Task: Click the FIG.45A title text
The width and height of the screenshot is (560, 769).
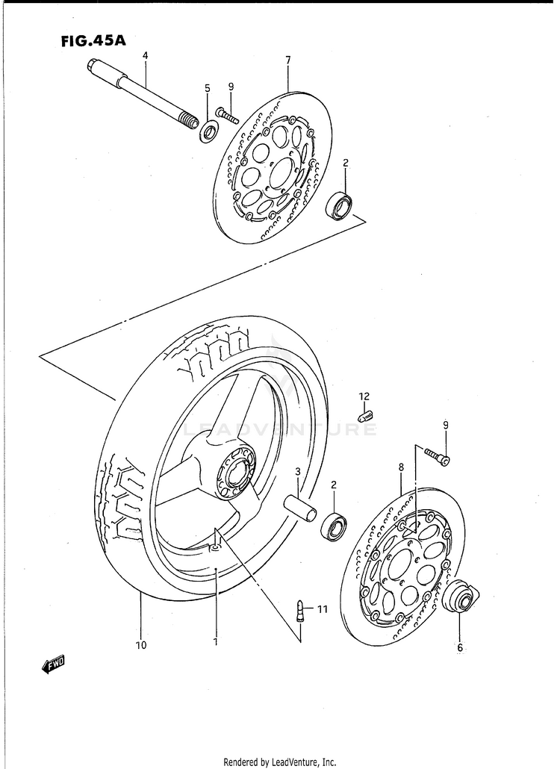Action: [x=93, y=42]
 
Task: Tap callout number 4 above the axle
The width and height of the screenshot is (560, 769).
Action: [x=146, y=56]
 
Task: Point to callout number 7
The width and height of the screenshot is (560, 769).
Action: [x=288, y=60]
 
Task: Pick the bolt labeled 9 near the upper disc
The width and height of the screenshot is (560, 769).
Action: [x=226, y=115]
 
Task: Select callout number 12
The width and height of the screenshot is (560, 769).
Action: [x=364, y=396]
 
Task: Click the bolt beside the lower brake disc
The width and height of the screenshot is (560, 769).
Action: [x=437, y=455]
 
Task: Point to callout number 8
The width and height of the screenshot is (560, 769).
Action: [x=401, y=467]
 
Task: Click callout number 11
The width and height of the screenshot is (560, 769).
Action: [x=322, y=610]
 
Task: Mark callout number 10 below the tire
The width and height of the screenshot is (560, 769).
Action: [x=141, y=644]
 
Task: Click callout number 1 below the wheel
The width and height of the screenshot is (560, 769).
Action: [x=215, y=641]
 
